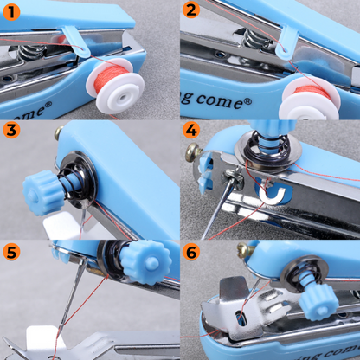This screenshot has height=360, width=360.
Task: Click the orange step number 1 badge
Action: [11, 11]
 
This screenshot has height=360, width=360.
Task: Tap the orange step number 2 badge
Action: [191, 11]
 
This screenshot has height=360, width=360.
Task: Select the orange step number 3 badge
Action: [11, 131]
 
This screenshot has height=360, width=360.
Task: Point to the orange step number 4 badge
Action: [191, 131]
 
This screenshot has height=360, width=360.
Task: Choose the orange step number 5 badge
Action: [11, 252]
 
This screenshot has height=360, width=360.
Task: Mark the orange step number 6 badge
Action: [191, 252]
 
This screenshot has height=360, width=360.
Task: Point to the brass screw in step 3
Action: [59, 133]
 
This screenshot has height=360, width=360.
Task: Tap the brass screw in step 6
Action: [243, 251]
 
